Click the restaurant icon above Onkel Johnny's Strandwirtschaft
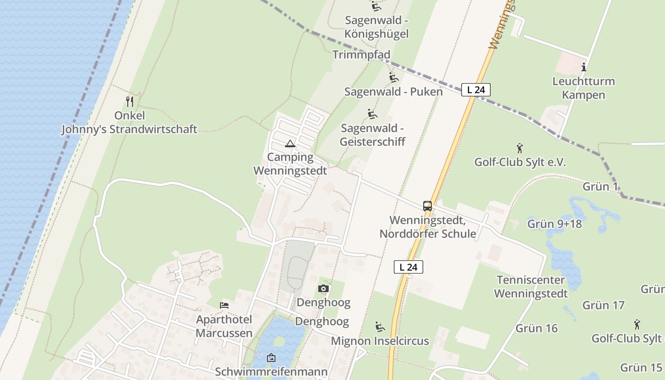point(129,102)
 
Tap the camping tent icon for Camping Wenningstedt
point(290,143)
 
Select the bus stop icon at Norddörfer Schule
point(427,206)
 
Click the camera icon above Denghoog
point(323,288)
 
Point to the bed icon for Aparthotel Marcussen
point(224,305)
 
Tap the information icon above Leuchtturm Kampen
point(584,67)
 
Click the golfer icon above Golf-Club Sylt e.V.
point(520,148)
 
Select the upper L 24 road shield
point(475,89)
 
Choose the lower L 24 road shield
point(408,267)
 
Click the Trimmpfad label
point(361,55)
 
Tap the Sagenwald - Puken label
point(393,92)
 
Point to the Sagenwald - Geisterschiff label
point(372,135)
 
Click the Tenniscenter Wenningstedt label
point(531,286)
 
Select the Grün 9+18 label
point(554,223)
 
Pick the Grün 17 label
point(603,305)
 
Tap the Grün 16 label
point(536,328)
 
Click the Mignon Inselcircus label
point(380,341)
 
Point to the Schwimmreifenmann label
point(271,371)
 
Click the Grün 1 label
point(600,186)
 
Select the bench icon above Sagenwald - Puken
point(393,77)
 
